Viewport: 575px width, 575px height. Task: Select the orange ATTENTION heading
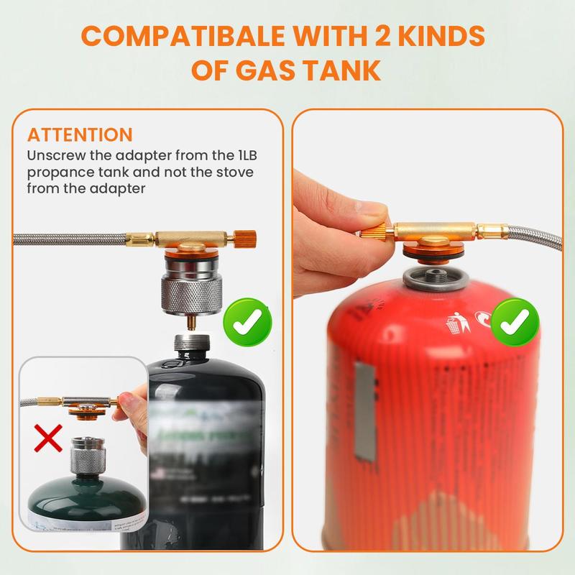tap(80, 134)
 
